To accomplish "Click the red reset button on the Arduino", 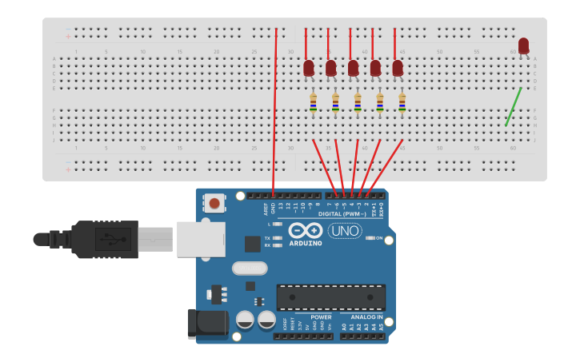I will [214, 203].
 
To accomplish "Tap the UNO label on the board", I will [345, 231].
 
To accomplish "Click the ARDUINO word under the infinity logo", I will [306, 243].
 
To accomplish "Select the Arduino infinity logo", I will [306, 230].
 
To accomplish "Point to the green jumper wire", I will [514, 106].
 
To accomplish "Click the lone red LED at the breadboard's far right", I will [523, 46].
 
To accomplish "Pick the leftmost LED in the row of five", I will [309, 69].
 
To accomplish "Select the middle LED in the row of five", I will [353, 69].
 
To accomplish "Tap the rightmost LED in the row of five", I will [398, 69].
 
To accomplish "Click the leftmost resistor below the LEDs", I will [314, 102].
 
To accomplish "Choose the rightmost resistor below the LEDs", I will [402, 102].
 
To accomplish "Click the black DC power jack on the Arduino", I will [206, 324].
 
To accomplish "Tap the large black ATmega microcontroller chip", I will [331, 296].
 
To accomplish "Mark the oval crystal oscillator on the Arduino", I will [250, 269].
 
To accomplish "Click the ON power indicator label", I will [378, 237].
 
